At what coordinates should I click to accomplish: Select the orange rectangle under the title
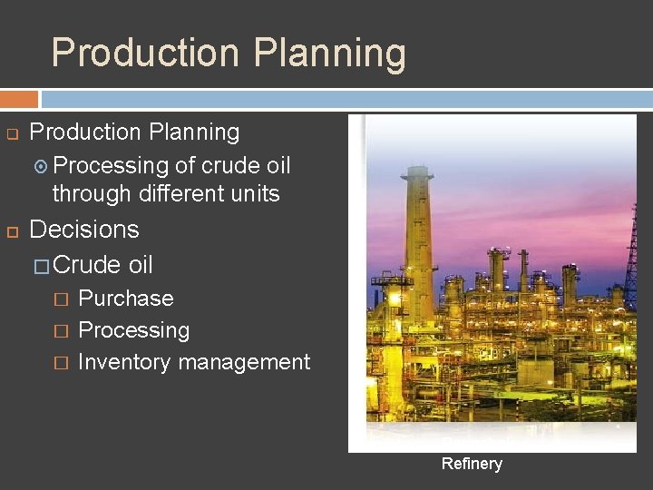pos(19,99)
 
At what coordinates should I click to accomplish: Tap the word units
pos(256,193)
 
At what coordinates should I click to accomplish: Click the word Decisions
pos(84,229)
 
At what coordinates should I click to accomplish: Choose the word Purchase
pos(126,299)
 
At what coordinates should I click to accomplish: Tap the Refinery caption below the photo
pos(472,464)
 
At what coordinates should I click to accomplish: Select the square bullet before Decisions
pos(14,230)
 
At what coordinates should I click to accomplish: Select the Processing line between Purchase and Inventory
pos(134,330)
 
